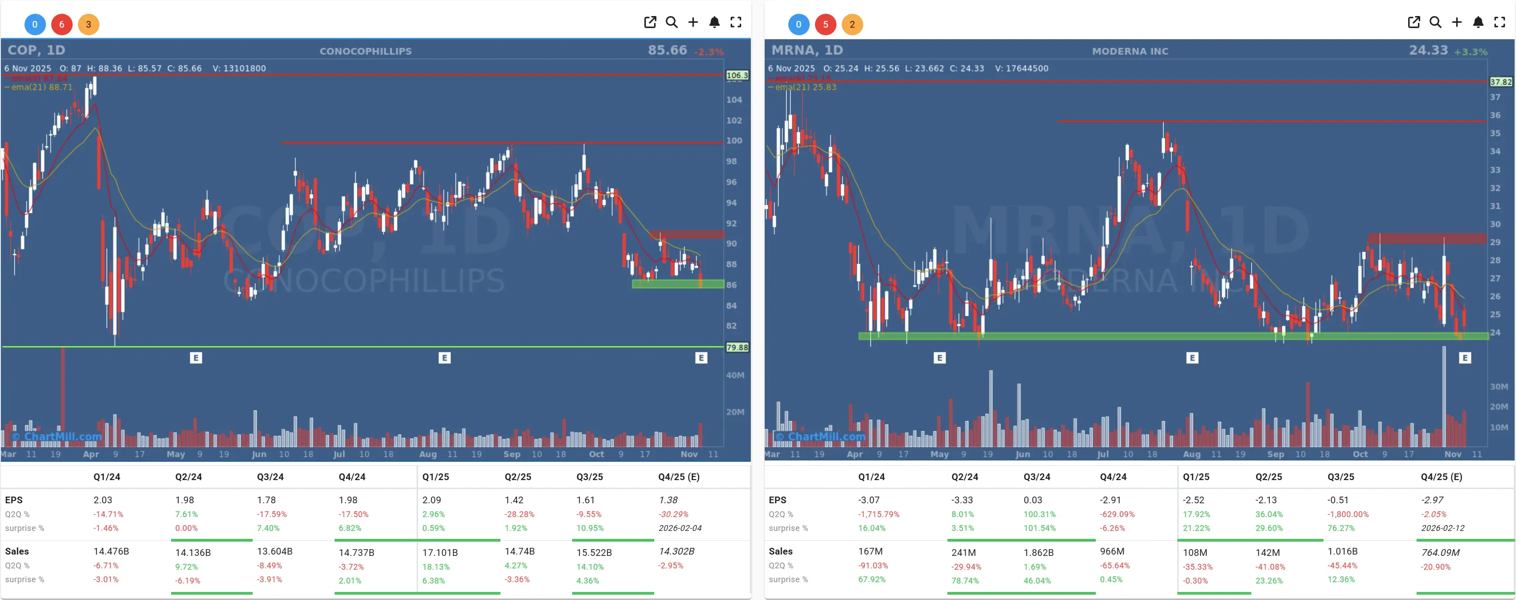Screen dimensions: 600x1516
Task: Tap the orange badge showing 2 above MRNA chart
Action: (x=852, y=24)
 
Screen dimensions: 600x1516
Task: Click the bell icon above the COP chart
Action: (x=714, y=22)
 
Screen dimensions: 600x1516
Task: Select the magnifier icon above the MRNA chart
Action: (x=1435, y=22)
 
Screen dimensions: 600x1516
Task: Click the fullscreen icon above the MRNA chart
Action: (x=1500, y=22)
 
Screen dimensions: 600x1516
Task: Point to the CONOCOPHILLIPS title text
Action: (x=365, y=51)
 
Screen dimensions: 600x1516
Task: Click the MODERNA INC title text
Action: (x=1130, y=51)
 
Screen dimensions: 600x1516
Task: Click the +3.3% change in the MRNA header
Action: (x=1471, y=52)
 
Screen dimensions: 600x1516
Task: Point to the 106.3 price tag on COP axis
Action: (x=737, y=75)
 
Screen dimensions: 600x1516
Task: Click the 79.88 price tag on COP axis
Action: (x=737, y=347)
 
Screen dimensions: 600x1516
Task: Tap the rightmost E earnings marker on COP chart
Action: (x=701, y=358)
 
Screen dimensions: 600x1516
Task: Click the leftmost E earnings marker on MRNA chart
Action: (x=940, y=358)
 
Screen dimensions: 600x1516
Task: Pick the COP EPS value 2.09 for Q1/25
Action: (x=431, y=500)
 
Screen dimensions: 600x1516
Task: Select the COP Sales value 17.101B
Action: (x=440, y=552)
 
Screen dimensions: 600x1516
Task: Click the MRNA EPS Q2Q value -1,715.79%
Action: (x=879, y=514)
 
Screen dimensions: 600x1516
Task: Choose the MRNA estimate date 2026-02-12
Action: (x=1442, y=528)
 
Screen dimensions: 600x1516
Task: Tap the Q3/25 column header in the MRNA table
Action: (x=1340, y=477)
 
